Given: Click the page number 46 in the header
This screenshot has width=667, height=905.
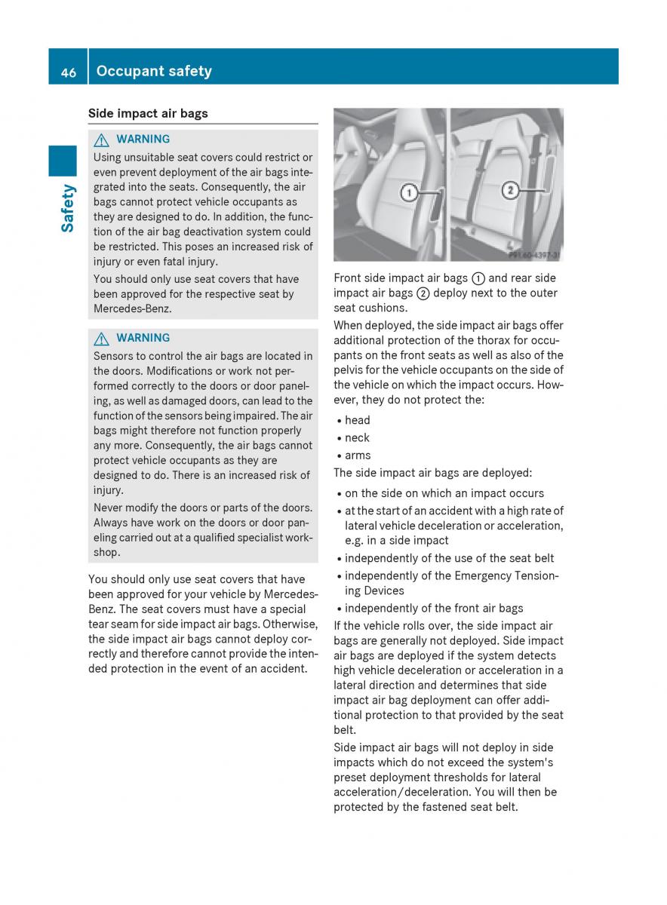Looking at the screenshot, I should tap(68, 72).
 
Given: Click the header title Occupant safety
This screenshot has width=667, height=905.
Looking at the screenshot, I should tap(154, 72).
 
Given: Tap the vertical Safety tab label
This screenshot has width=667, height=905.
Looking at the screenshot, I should tap(68, 208).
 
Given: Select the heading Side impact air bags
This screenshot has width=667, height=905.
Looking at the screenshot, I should tap(148, 114).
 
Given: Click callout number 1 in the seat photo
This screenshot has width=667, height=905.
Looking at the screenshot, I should tap(409, 193).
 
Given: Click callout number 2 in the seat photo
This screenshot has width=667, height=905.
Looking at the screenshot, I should tap(509, 190).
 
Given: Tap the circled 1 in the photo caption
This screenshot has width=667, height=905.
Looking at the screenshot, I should tap(478, 278).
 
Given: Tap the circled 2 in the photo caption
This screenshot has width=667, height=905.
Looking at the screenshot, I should tap(423, 293).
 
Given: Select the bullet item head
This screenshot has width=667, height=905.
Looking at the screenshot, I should tap(358, 420).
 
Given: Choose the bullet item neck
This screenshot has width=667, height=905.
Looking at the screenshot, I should tap(358, 437).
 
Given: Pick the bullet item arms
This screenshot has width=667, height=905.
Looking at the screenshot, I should tap(358, 456).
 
